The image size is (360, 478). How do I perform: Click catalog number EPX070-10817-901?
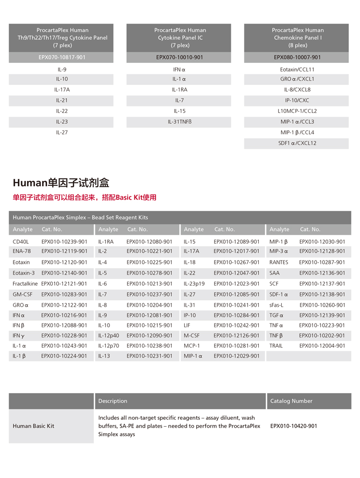click(x=61, y=57)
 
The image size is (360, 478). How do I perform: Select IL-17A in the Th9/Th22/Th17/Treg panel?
click(x=61, y=90)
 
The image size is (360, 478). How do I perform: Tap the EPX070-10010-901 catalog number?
click(x=180, y=57)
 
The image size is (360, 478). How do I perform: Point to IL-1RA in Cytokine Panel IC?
click(x=180, y=90)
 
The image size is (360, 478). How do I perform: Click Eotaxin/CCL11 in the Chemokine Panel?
click(x=297, y=70)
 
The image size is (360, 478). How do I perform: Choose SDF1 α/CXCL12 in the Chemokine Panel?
click(x=297, y=143)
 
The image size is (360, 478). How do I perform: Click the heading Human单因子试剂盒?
click(x=61, y=183)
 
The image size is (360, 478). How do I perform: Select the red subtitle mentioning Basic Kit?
click(x=84, y=197)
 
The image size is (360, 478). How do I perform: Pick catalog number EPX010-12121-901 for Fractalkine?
click(x=64, y=284)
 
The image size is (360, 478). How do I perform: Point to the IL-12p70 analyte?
click(x=108, y=346)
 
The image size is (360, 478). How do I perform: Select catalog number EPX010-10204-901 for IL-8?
click(x=149, y=305)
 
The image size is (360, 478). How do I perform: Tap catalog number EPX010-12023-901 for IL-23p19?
click(x=237, y=284)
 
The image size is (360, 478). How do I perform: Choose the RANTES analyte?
click(x=279, y=263)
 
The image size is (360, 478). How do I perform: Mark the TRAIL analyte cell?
click(x=276, y=346)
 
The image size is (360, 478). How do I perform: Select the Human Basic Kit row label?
click(x=34, y=426)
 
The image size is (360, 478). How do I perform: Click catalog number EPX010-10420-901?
click(x=294, y=426)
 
